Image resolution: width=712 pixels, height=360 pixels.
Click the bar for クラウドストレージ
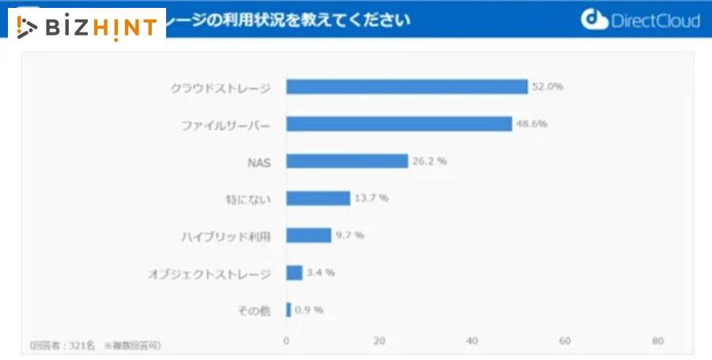[x=407, y=87]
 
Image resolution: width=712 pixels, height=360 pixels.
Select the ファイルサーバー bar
[x=399, y=124]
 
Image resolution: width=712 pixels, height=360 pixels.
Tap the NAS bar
[x=347, y=161]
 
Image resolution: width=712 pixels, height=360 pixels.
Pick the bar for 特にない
[x=318, y=198]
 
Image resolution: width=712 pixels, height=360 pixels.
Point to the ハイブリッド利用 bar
[x=309, y=235]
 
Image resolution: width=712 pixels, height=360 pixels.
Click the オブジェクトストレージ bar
[x=294, y=272]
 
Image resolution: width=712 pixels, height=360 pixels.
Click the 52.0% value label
[x=547, y=87]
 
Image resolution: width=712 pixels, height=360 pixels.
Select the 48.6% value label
[x=532, y=124]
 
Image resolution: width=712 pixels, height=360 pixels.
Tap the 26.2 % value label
[x=430, y=161]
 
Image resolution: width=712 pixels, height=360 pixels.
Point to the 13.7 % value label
[x=371, y=198]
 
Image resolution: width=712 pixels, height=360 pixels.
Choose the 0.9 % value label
[x=309, y=310]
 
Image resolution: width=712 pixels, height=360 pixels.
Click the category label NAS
[x=259, y=161]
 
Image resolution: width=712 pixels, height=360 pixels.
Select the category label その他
[x=255, y=310]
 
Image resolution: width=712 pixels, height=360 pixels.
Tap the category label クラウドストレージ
[x=221, y=87]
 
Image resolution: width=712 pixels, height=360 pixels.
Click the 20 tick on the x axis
[x=379, y=341]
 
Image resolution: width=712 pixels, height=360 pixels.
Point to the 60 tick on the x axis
[x=565, y=341]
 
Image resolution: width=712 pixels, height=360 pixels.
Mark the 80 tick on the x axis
[x=657, y=341]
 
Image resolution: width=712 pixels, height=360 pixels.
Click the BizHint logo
[x=88, y=27]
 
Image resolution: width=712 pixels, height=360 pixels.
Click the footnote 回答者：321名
[x=62, y=346]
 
